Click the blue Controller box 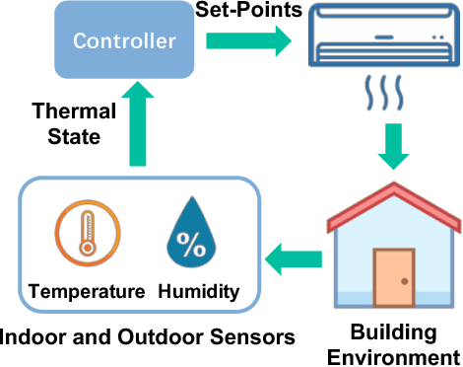pos(125,41)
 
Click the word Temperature pos(87,291)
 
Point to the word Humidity pos(198,291)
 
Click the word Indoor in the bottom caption pos(36,337)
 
